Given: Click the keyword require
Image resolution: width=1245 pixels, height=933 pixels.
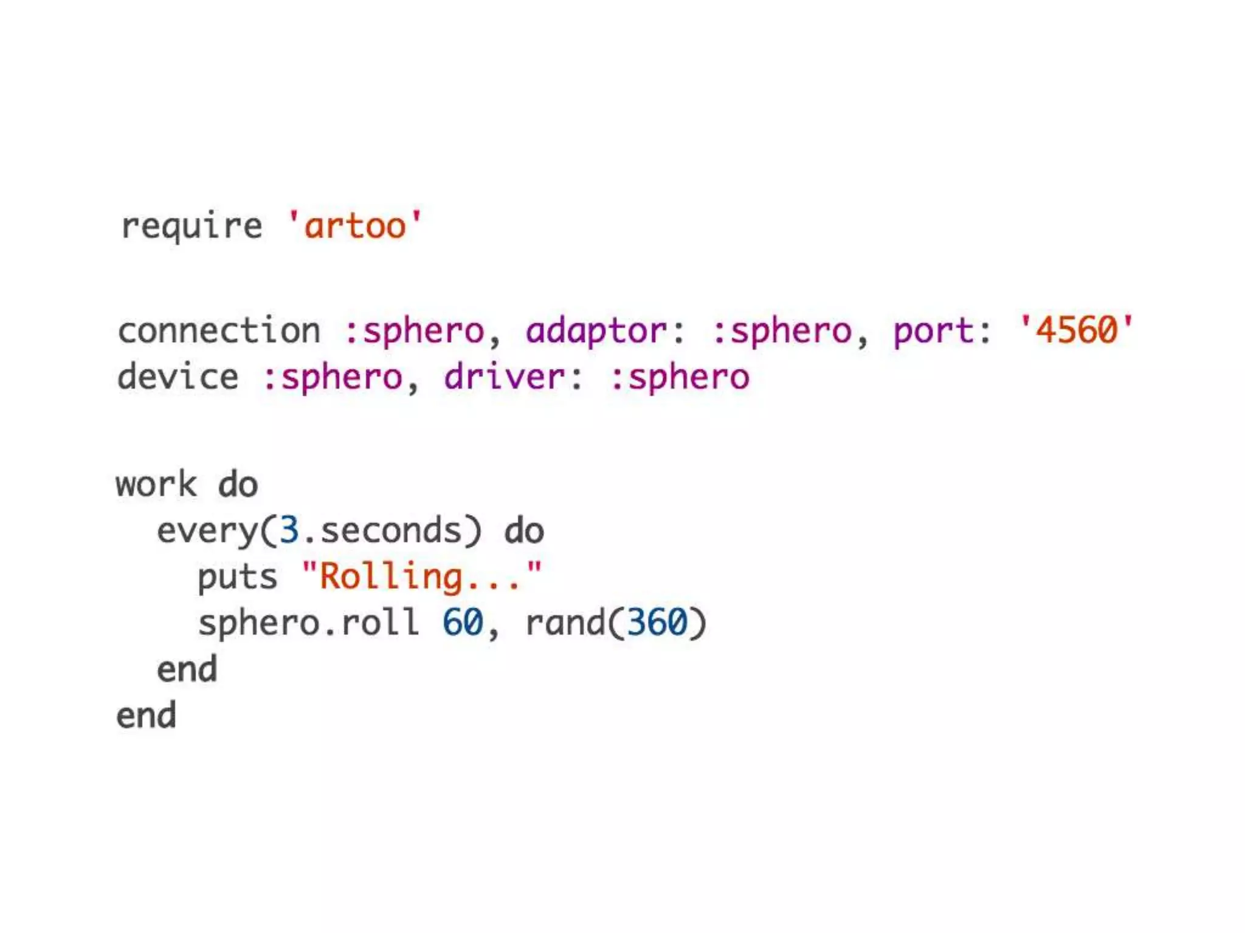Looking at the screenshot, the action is coord(191,227).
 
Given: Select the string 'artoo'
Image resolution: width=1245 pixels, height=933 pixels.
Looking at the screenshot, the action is coord(354,226).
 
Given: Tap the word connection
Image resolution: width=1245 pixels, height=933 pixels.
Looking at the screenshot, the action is coord(219,331).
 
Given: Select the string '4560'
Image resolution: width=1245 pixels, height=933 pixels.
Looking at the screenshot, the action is coord(1076,330).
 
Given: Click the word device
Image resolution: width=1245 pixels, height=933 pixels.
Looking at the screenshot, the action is coord(178,377).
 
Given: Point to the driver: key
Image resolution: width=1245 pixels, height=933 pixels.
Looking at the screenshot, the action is coord(513,377).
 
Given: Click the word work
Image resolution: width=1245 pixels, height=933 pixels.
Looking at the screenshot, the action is coord(156,485).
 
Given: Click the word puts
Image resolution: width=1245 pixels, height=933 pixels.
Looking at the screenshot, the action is coord(237,577).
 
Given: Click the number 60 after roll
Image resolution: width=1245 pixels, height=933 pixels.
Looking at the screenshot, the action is coord(462,623).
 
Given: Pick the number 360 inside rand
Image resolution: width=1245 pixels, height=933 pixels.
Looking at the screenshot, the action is coord(657,623).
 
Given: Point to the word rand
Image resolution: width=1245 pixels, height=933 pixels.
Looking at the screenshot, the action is coord(565,623).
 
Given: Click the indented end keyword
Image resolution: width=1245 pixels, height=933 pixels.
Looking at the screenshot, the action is coord(187,669).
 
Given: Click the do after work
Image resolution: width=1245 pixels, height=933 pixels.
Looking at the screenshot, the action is coord(238,485).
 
